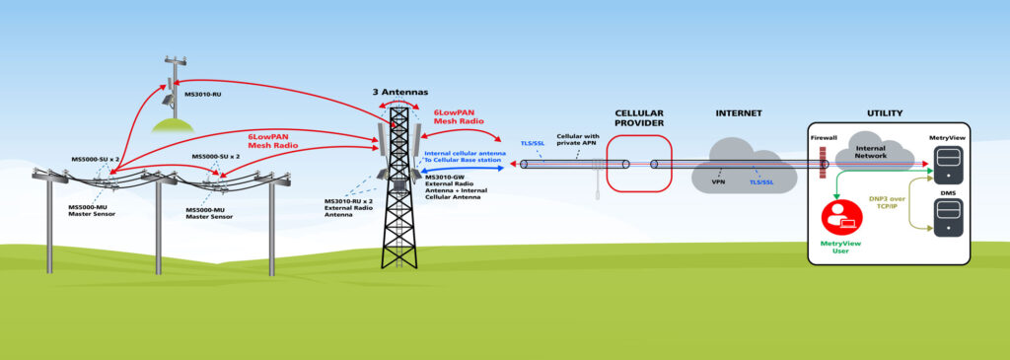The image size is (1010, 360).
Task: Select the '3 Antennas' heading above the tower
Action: [x=400, y=91]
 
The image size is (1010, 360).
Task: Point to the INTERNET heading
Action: [x=739, y=113]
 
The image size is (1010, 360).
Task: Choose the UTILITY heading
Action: [x=884, y=113]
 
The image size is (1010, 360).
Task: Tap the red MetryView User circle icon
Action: [x=841, y=215]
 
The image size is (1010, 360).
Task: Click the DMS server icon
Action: [x=948, y=214]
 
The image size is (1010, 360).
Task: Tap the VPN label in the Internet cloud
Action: [x=719, y=181]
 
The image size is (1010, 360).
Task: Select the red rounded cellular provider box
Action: [x=638, y=163]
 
